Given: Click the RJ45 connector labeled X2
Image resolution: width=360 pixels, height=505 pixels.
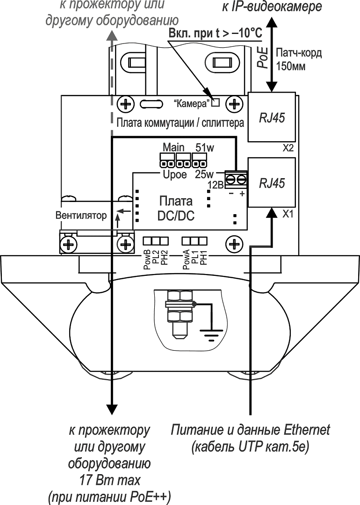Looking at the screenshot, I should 273,117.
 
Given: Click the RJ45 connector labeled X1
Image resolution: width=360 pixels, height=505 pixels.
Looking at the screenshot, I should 273,183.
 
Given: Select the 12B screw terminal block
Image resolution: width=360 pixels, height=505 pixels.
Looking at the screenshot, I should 236,179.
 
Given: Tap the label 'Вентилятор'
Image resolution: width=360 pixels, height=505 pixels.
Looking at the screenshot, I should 81,216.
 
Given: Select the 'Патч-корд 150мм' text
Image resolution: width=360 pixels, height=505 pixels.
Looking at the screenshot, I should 298,59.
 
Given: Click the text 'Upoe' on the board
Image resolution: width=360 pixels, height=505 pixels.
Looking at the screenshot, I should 175,175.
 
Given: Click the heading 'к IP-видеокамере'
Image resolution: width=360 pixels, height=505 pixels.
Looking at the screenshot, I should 272,7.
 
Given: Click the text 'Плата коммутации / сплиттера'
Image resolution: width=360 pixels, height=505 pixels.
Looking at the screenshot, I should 180,124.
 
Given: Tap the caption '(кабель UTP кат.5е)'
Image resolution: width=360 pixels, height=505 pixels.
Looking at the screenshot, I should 251,447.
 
